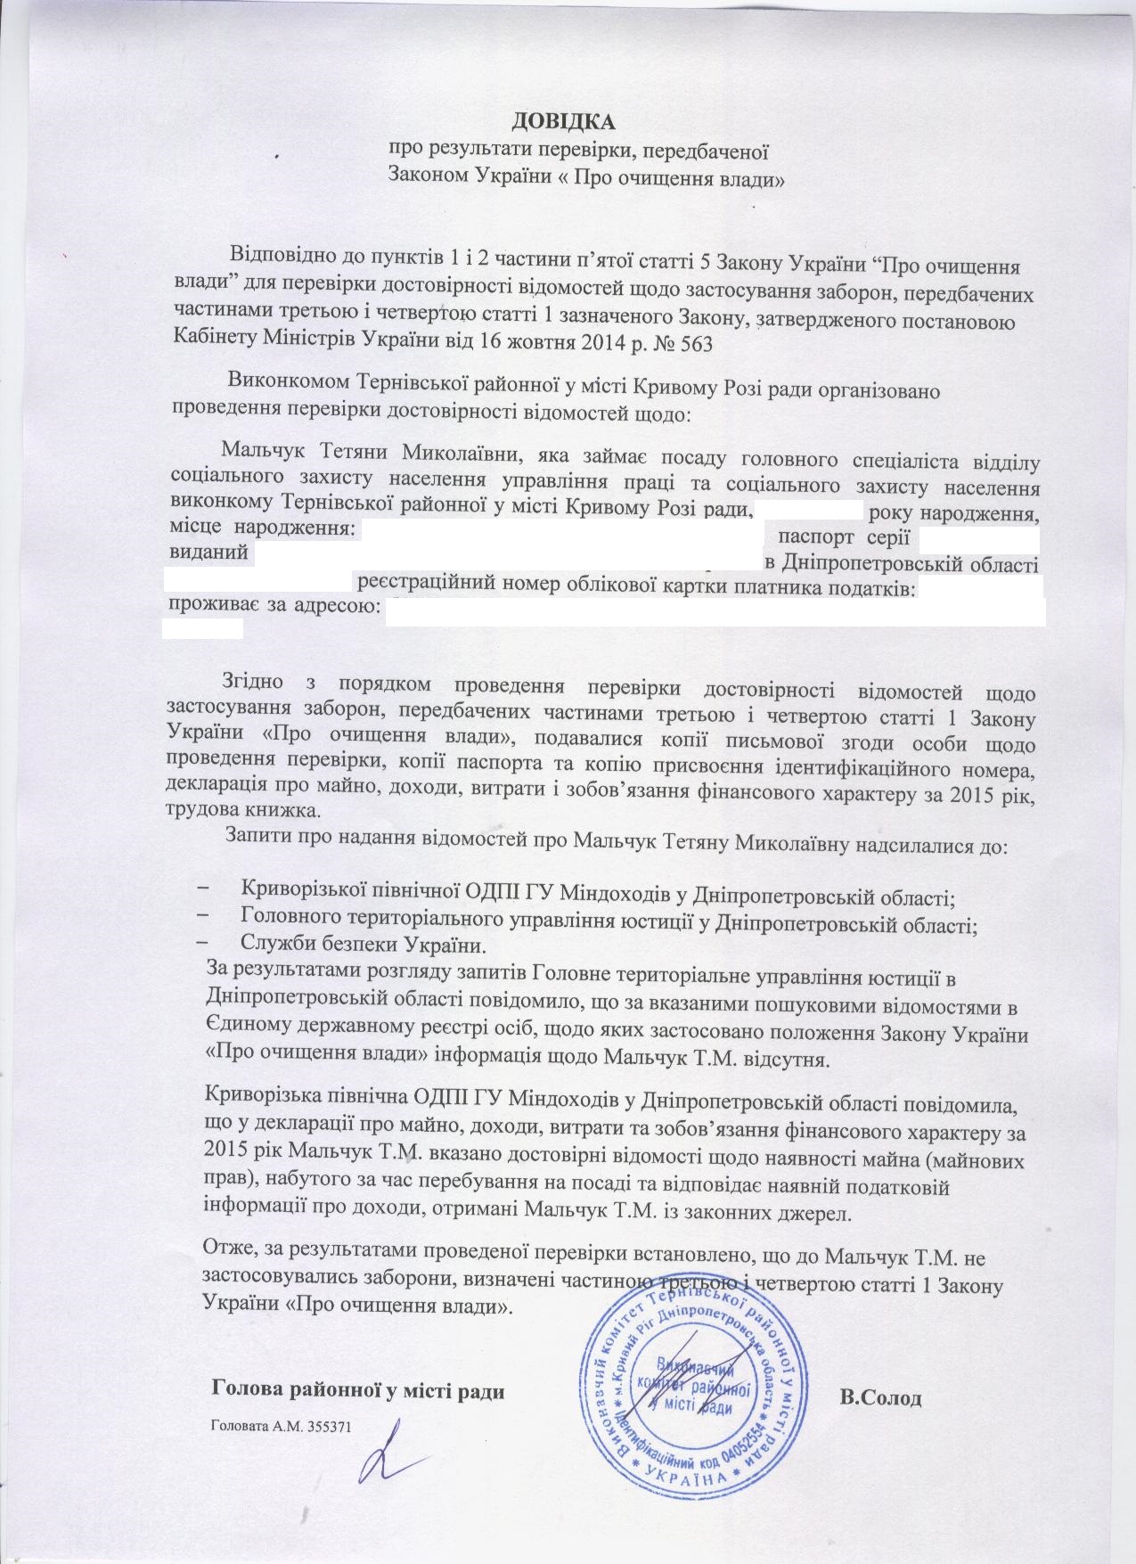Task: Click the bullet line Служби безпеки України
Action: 362,943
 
